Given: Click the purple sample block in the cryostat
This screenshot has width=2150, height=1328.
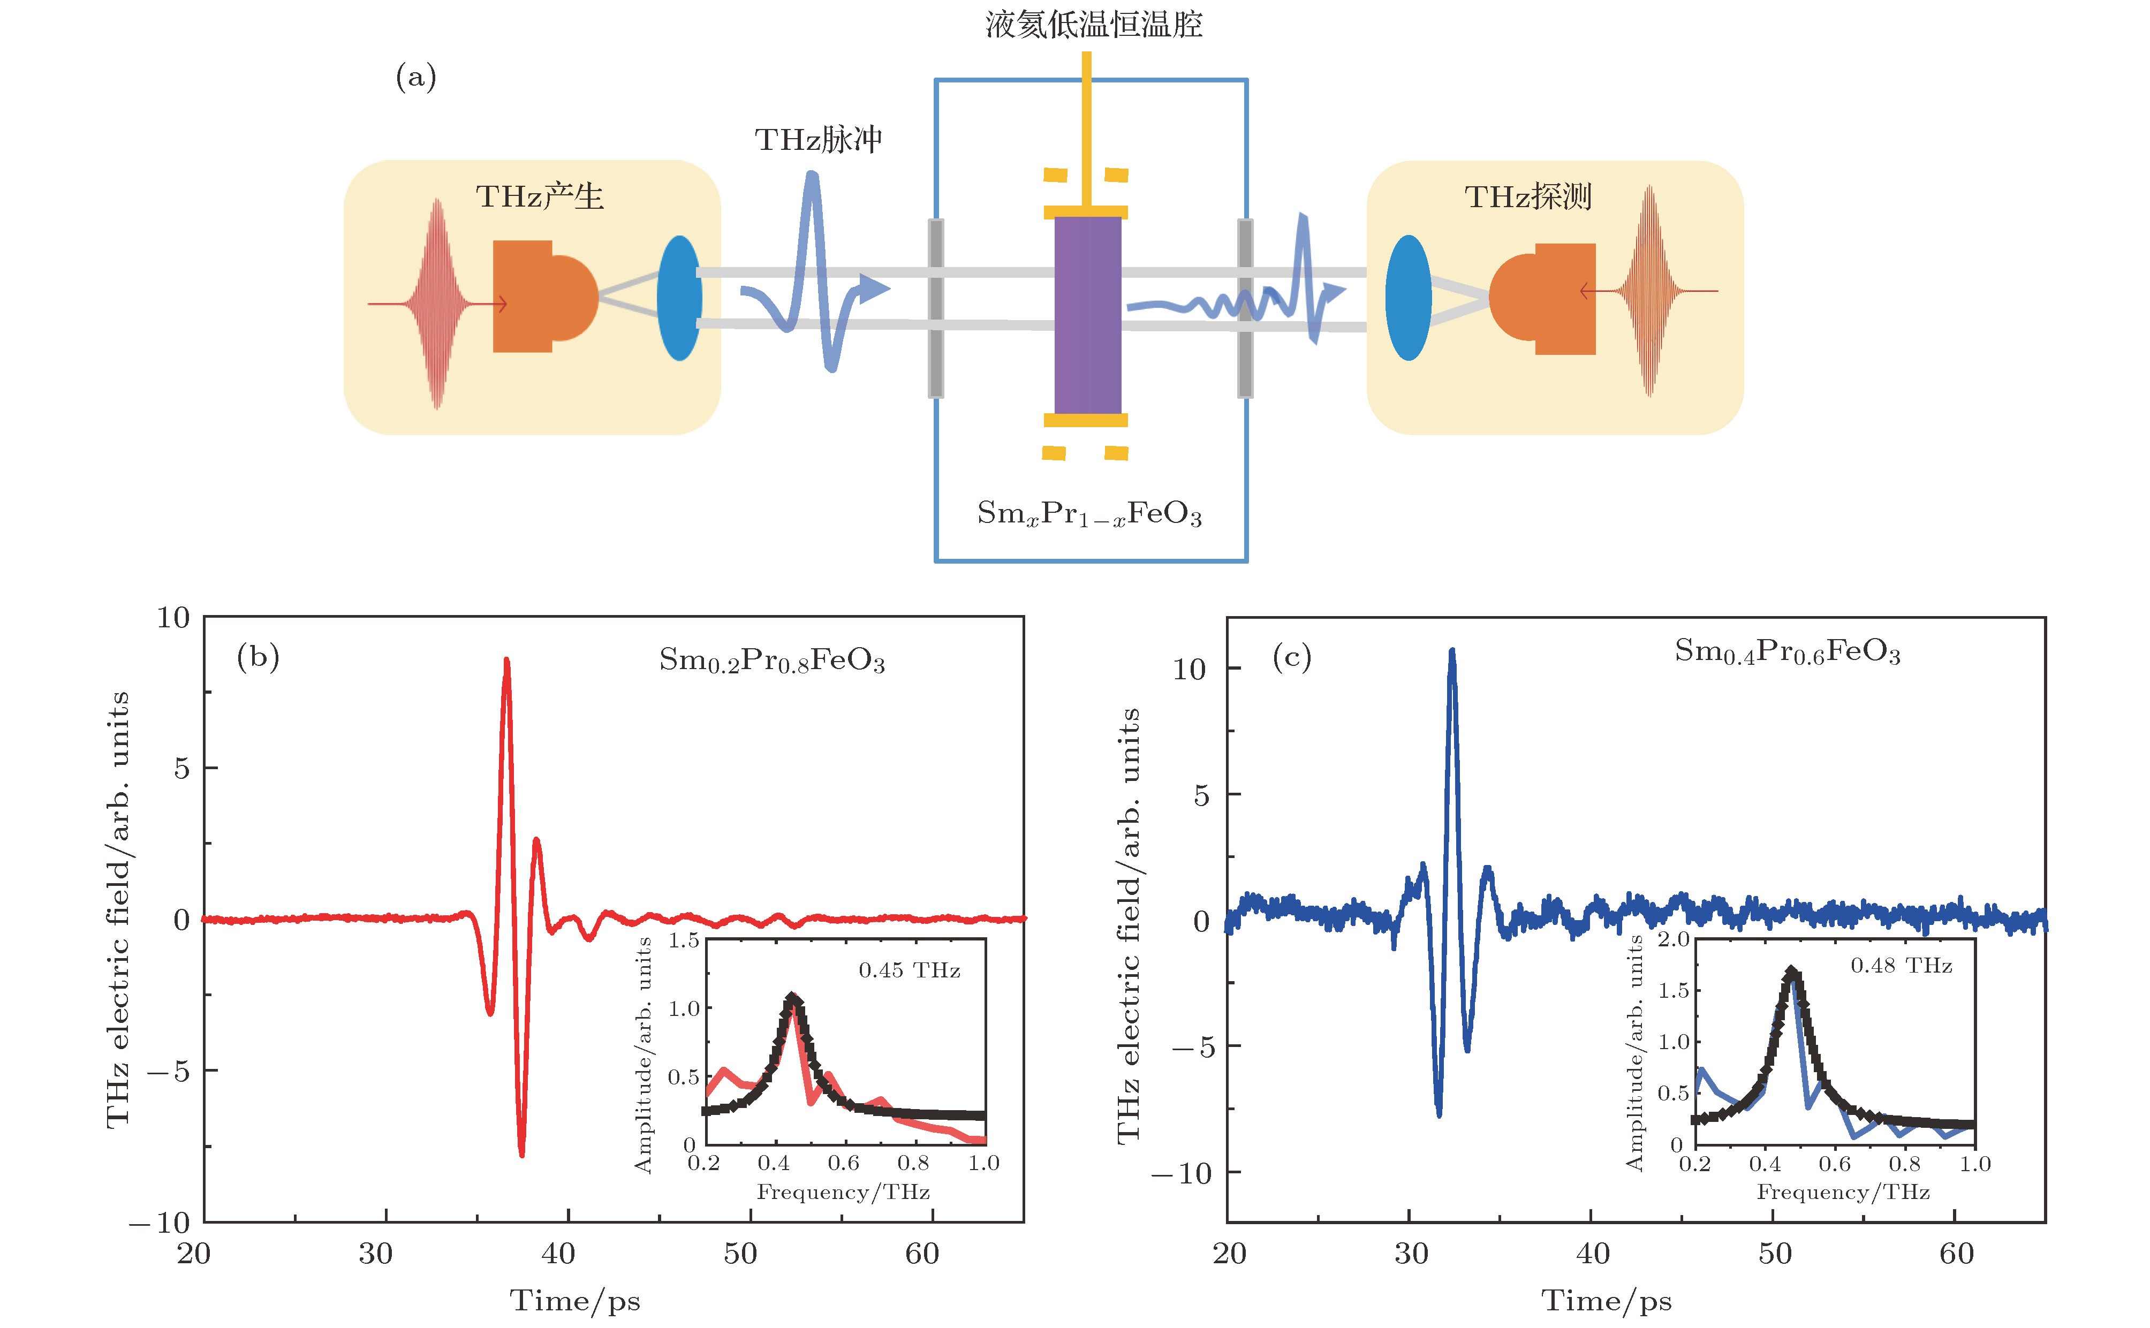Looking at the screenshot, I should [x=1087, y=314].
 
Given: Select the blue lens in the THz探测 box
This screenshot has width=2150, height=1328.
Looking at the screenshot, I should [x=1408, y=298].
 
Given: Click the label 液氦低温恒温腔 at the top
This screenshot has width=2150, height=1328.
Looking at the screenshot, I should [x=1093, y=25].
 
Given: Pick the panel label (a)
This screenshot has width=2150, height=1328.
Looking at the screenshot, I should [x=415, y=77].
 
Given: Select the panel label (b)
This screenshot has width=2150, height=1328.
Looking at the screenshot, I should [x=258, y=657].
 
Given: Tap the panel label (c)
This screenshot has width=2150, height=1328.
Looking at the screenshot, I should [x=1291, y=657].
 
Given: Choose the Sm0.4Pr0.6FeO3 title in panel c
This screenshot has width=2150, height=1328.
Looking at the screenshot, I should [x=1787, y=652].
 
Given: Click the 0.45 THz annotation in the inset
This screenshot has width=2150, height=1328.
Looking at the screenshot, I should [x=909, y=970].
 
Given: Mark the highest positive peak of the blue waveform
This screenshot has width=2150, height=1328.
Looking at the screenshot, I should [x=1452, y=652].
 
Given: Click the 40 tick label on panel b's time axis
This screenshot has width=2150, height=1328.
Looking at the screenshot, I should [x=558, y=1254].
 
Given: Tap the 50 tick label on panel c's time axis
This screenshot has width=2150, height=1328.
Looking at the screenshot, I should [x=1775, y=1254].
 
